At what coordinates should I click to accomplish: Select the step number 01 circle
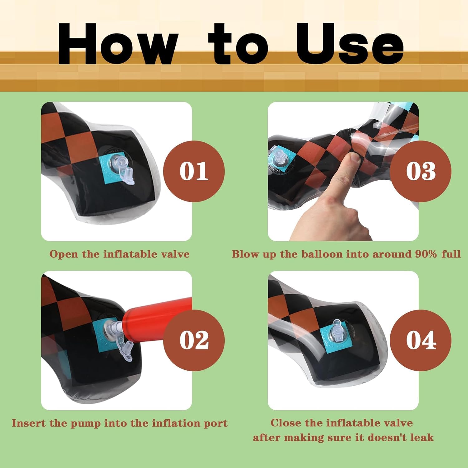tap(194, 171)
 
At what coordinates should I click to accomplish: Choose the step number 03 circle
tap(421, 171)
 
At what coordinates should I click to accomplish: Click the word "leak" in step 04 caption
tap(422, 437)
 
